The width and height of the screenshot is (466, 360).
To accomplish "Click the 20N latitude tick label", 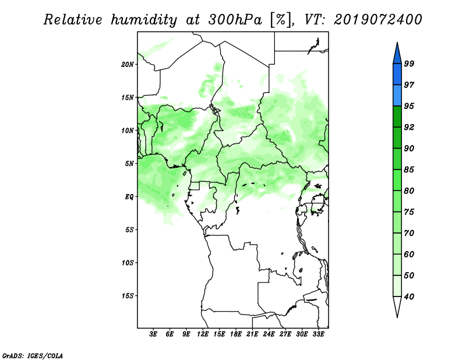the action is tap(128, 65).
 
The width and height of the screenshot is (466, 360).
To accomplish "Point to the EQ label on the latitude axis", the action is tap(129, 197).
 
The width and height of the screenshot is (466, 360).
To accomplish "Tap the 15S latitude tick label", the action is tap(128, 296).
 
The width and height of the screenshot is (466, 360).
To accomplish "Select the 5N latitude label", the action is tap(129, 164).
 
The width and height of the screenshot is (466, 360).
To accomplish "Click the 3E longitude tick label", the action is tap(153, 334).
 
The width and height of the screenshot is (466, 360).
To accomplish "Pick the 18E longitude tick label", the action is tap(236, 334).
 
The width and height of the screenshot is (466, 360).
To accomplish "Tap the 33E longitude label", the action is tap(318, 334).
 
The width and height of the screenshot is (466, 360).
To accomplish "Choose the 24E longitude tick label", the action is tap(269, 334).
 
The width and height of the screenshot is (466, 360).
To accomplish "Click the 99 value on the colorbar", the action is tap(409, 63).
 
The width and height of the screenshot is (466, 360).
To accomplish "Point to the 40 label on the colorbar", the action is tap(409, 297).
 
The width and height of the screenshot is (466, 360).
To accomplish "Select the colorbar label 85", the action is tap(409, 170).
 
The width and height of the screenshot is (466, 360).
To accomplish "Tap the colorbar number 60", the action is tap(409, 255).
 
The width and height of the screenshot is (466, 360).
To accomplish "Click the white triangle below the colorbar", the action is tap(397, 305).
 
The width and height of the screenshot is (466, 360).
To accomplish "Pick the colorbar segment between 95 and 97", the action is tap(397, 96).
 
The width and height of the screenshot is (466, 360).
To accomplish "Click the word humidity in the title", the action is tap(144, 20).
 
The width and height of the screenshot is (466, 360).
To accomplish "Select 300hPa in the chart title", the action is tap(235, 20).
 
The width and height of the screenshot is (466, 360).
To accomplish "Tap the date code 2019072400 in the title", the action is tap(377, 20).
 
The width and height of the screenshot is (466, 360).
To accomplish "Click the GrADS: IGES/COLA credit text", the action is tap(33, 355).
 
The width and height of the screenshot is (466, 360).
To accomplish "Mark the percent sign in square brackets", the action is tap(281, 20).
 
